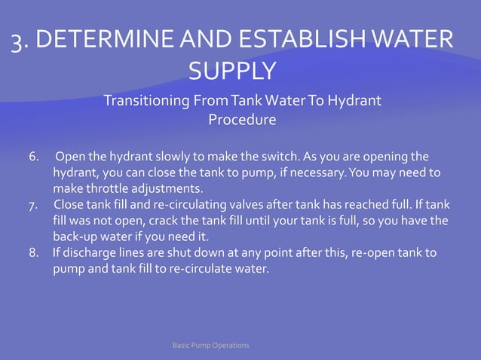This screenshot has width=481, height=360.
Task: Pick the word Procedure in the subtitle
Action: pos(241,120)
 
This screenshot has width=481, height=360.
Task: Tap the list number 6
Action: pos(33,157)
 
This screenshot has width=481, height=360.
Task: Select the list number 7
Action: pos(33,205)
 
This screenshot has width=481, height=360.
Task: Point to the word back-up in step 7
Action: pos(72,236)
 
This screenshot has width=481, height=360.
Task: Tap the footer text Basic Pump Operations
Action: pos(211,345)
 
